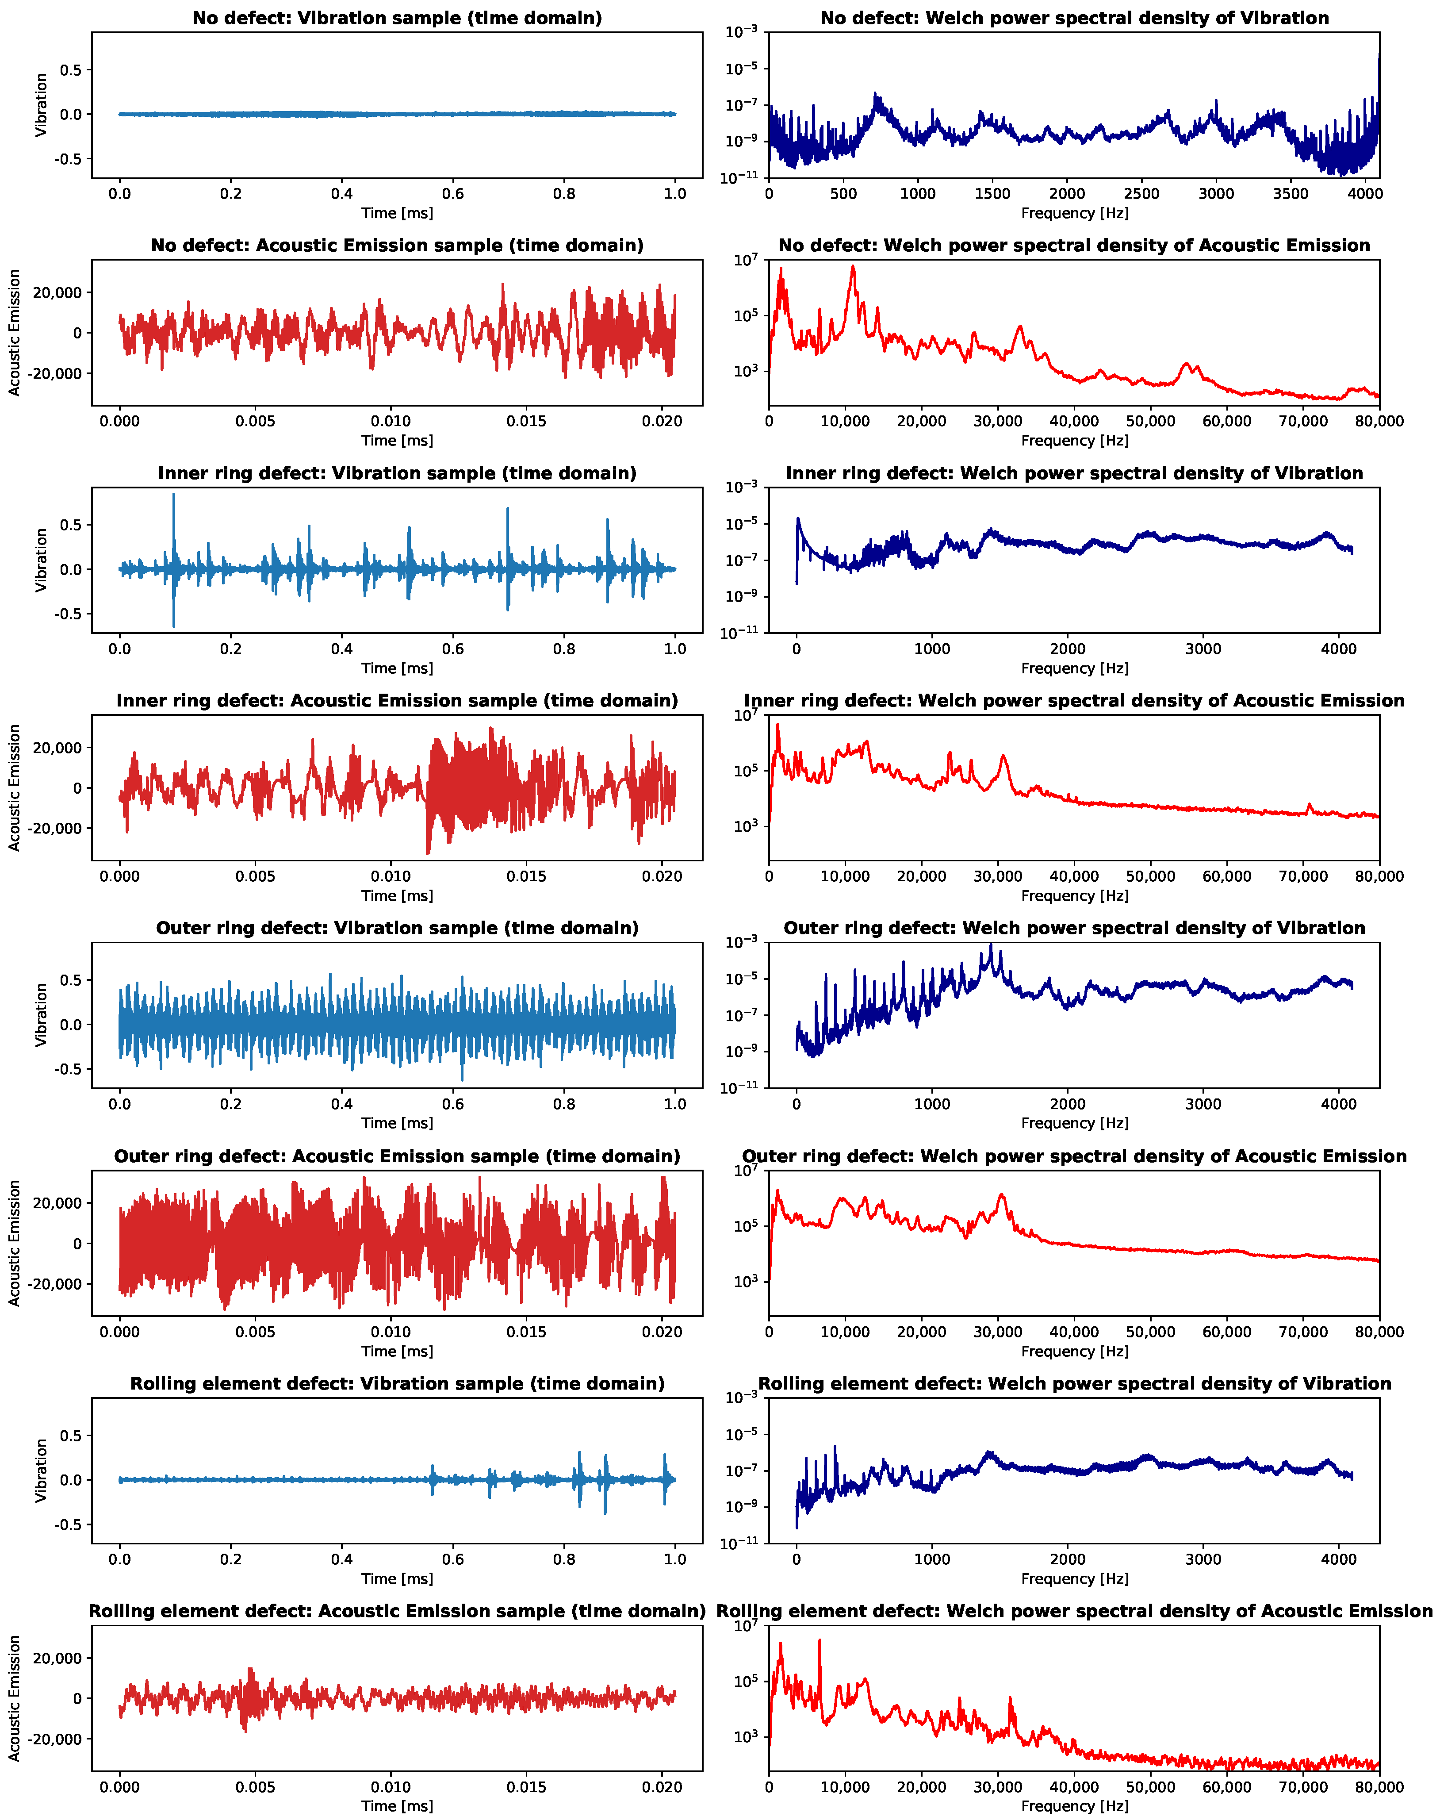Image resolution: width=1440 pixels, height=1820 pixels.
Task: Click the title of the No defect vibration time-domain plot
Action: pos(397,18)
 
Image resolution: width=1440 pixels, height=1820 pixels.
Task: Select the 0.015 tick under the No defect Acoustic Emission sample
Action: pos(526,421)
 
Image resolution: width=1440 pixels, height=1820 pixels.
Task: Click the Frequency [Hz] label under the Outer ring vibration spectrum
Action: pos(1074,1122)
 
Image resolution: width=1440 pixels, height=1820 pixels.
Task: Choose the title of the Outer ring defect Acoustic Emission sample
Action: pos(397,1156)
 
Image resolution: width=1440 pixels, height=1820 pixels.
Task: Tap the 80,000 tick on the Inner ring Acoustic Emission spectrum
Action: pos(1379,876)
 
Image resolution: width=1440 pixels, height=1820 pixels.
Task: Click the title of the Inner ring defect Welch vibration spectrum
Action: pos(1074,473)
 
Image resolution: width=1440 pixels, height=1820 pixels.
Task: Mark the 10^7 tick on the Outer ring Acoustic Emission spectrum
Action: pos(745,1171)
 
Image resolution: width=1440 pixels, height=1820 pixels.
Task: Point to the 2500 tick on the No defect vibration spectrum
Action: pos(1141,193)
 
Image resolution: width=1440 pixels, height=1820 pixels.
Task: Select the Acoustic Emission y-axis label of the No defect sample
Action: pos(14,332)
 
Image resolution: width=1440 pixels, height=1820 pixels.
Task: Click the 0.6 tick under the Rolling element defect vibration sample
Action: pos(453,1559)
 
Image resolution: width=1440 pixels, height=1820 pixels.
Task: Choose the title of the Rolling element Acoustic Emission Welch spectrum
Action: pos(1074,1611)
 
